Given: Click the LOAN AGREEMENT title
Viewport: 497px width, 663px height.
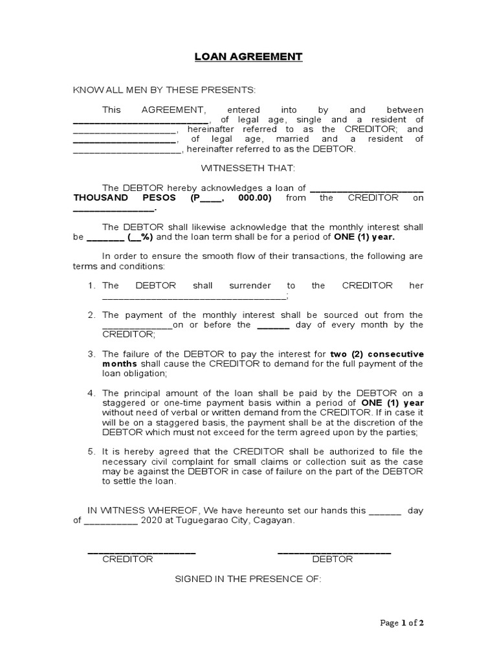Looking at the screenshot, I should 248,56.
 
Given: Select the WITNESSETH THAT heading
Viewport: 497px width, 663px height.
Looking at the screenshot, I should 248,168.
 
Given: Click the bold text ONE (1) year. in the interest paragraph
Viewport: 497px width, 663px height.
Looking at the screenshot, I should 364,237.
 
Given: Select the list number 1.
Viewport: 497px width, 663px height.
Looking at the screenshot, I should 92,286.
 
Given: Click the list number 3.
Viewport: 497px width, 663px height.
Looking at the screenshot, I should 92,354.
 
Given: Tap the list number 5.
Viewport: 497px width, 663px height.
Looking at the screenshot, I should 92,451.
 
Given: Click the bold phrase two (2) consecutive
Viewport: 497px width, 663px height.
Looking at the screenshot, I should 377,354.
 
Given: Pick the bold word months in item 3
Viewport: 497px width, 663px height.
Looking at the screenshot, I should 120,364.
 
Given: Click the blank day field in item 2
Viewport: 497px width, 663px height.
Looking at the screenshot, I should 273,325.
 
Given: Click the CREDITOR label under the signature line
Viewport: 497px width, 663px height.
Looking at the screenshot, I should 127,559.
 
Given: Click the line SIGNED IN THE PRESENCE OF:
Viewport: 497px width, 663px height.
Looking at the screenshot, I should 248,579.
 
